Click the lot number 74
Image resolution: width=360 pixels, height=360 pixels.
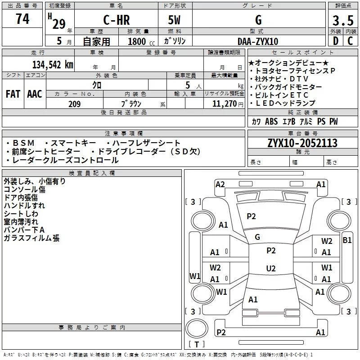point(22,19)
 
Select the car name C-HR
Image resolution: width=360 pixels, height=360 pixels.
point(117,20)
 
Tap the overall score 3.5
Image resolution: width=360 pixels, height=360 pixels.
point(343,21)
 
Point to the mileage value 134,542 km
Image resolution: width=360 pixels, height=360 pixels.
point(53,65)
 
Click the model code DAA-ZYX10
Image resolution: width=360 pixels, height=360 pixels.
point(258,41)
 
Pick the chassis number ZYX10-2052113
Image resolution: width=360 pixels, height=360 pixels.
point(302,143)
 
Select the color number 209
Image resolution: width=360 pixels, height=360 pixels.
point(74,104)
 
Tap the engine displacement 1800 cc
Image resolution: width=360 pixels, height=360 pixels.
point(141,42)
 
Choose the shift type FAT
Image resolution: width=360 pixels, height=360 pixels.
point(13,94)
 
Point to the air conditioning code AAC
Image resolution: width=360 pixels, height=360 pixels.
point(35,94)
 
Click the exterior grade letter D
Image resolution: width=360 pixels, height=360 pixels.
point(336,41)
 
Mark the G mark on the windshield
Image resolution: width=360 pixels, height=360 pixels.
point(257,237)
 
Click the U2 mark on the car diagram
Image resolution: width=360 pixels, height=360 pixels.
point(271,268)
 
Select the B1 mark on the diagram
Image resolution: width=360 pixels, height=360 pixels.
point(347,240)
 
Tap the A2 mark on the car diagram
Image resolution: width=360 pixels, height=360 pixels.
point(220,184)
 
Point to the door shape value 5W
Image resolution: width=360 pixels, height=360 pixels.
point(174,20)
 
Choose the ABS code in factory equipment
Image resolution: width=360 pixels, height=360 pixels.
point(271,121)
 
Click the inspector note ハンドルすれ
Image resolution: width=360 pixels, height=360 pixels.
point(24,206)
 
